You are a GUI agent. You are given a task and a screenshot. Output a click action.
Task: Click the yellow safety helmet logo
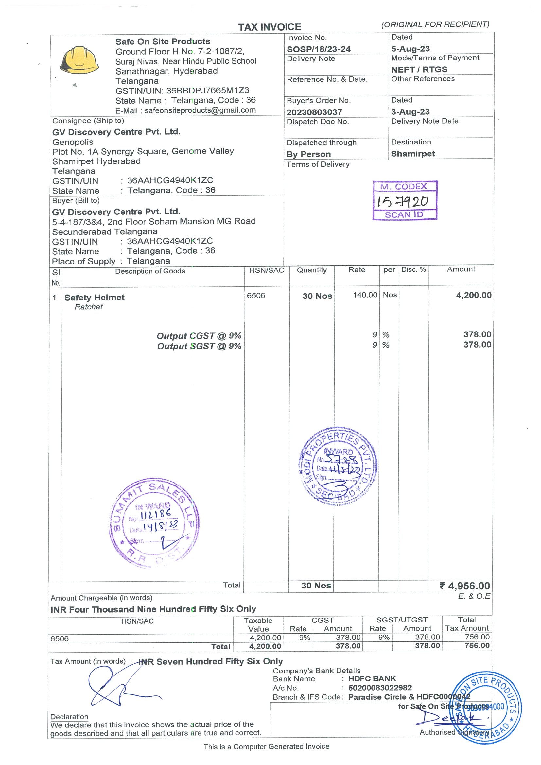[x=79, y=60]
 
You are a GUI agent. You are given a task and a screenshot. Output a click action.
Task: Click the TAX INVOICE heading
[x=269, y=27]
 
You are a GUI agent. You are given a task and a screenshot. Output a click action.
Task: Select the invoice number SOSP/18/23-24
[x=318, y=49]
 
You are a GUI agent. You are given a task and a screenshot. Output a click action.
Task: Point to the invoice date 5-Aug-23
[x=410, y=49]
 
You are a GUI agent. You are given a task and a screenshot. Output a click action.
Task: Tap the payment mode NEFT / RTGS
[x=419, y=70]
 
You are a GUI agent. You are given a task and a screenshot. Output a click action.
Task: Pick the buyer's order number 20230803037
[x=314, y=112]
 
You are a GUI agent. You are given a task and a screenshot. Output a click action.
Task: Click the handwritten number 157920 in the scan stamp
[x=402, y=201]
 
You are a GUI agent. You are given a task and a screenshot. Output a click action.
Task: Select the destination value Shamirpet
[x=413, y=154]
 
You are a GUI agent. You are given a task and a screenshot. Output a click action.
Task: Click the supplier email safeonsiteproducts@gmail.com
[x=200, y=110]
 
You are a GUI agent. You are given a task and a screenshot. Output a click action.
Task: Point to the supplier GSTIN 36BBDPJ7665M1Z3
[x=208, y=91]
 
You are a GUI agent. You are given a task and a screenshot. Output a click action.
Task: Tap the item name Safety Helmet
[x=94, y=297]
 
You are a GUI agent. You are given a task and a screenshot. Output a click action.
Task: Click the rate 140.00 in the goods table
[x=365, y=295]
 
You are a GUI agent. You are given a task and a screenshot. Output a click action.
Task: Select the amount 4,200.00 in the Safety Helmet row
[x=473, y=295]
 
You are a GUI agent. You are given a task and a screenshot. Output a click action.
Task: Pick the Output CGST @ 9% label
[x=199, y=336]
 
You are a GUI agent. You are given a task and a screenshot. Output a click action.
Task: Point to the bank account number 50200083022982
[x=380, y=688]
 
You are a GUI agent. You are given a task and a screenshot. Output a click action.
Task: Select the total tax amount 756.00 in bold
[x=477, y=646]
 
